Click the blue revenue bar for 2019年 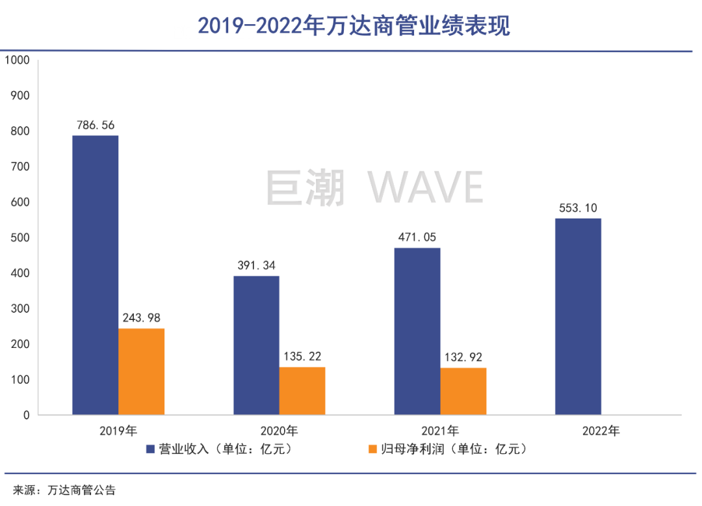(x=95, y=274)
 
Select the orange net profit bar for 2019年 (x=141, y=371)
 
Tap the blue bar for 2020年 (x=256, y=345)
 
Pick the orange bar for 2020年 (x=302, y=391)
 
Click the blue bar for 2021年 (x=417, y=331)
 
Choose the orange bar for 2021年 (x=463, y=391)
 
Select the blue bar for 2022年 (x=578, y=316)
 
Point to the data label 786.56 (x=96, y=125)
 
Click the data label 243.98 (x=141, y=318)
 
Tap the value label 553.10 (x=578, y=208)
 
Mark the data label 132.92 (x=463, y=357)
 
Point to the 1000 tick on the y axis (x=18, y=60)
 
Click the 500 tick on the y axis (x=20, y=238)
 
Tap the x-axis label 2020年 (x=279, y=431)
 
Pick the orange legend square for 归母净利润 (x=372, y=449)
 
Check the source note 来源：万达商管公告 (x=64, y=490)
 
